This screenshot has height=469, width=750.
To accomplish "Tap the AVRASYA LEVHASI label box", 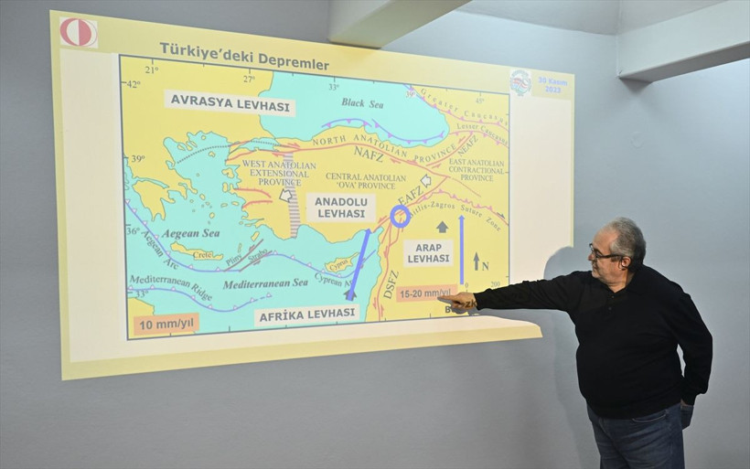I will coord(230,103).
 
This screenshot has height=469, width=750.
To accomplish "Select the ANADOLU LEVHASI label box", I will coord(340,208).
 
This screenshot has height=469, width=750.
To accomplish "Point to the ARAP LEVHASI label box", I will coord(428,252).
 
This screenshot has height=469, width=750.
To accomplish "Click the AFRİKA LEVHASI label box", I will coord(305,314).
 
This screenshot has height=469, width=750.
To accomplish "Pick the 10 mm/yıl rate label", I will coord(166,324).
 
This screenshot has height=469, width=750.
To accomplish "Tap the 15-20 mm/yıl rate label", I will coord(424,293).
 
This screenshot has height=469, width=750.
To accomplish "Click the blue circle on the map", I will coord(400,216).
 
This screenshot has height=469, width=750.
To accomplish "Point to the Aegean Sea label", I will coord(191,234).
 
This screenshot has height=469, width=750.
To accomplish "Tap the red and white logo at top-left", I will coord(78,32).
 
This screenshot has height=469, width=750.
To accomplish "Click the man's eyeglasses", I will coord(604,252).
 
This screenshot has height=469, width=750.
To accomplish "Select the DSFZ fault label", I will coord(391,284).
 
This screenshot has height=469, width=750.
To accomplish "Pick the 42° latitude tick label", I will coord(134,84).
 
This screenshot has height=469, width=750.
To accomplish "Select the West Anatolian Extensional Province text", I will coord(281,172).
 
